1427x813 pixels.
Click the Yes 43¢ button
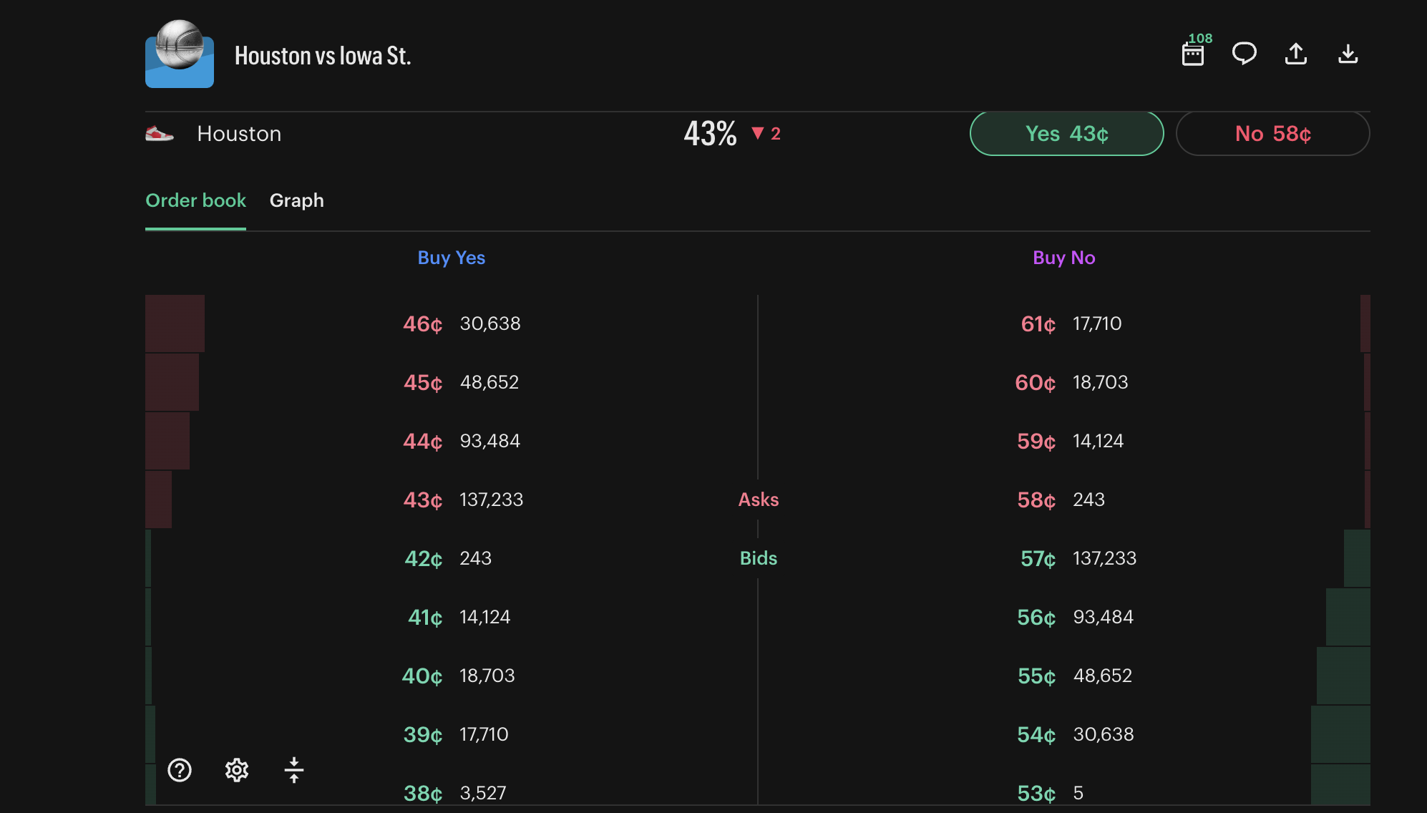click(1066, 134)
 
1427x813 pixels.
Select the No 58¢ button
click(1272, 134)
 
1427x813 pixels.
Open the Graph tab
click(296, 200)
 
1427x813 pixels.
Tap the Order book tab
click(195, 200)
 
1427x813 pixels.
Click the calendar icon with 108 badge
click(1193, 54)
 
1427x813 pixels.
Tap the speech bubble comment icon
click(1245, 54)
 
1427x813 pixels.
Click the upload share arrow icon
click(1296, 54)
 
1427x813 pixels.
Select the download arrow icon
click(1348, 54)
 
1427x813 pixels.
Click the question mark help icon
click(180, 770)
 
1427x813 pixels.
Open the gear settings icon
click(237, 770)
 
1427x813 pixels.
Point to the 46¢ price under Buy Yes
click(422, 324)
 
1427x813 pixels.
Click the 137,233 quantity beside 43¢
click(491, 500)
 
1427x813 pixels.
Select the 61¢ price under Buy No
click(1038, 324)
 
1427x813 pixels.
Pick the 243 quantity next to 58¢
click(1088, 500)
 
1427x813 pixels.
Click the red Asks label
click(758, 500)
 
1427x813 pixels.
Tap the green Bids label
click(758, 558)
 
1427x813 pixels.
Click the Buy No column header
click(1063, 258)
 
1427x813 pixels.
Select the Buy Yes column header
click(451, 258)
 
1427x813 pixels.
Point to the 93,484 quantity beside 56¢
click(1103, 617)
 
